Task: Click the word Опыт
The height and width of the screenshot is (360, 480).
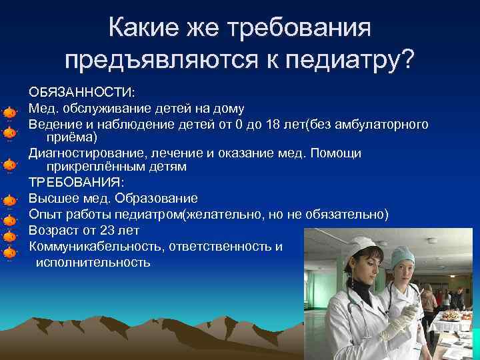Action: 45,214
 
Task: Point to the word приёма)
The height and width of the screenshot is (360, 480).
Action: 71,137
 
